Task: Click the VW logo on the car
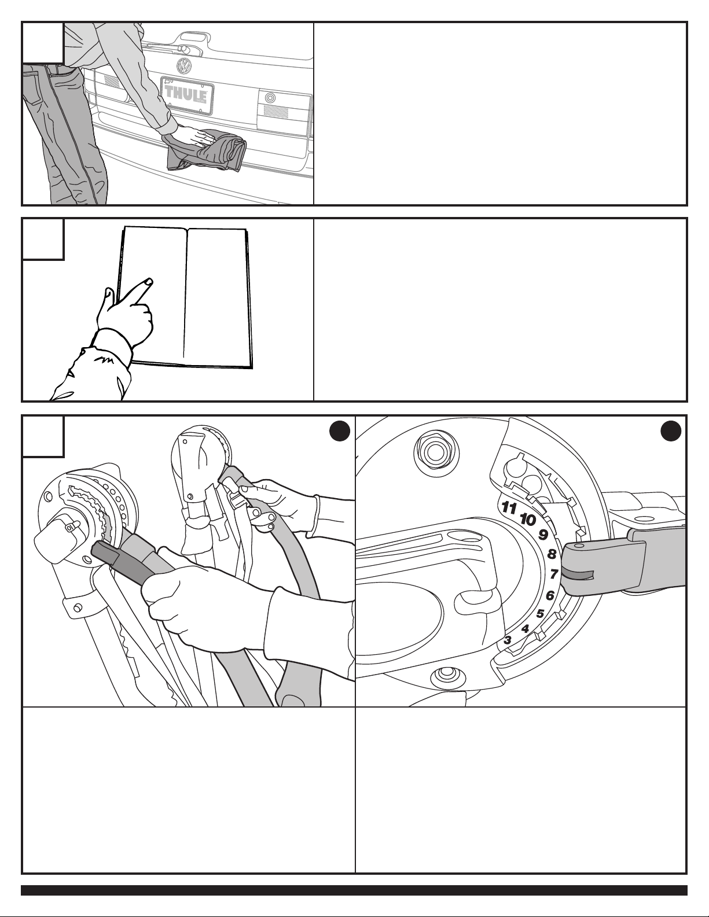click(x=183, y=65)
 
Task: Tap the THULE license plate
click(x=188, y=93)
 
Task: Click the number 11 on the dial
click(x=509, y=507)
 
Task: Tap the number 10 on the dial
click(x=527, y=520)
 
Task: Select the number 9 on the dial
click(x=543, y=535)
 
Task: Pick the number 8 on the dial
click(x=552, y=554)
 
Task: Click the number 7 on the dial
click(x=554, y=573)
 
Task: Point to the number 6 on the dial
click(x=550, y=595)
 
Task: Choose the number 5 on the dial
click(x=540, y=613)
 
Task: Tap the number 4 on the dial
click(x=525, y=629)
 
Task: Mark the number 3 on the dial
click(x=508, y=640)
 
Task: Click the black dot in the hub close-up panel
click(x=671, y=431)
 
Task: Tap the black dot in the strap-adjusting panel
click(x=340, y=431)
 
